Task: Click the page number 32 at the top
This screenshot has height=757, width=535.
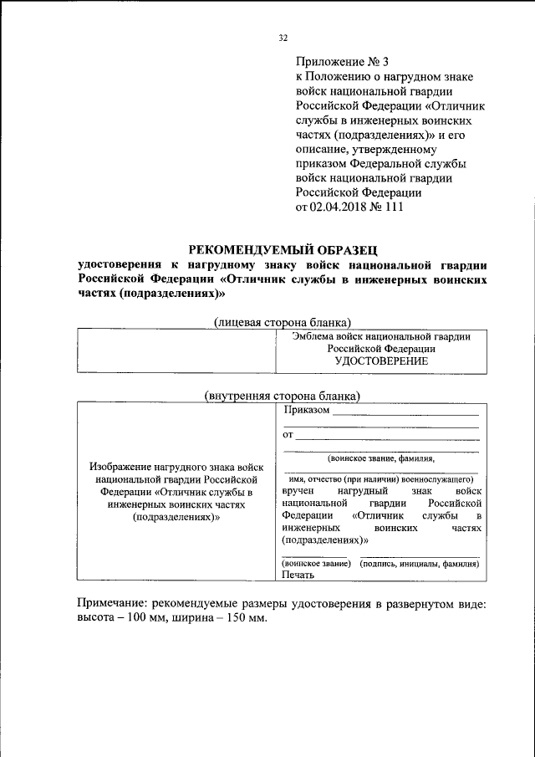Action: click(283, 38)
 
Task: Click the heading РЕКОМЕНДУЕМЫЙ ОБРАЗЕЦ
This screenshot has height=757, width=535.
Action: click(283, 248)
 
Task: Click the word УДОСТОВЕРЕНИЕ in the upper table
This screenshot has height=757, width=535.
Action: click(380, 361)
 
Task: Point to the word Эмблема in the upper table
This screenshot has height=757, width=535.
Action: click(314, 335)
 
